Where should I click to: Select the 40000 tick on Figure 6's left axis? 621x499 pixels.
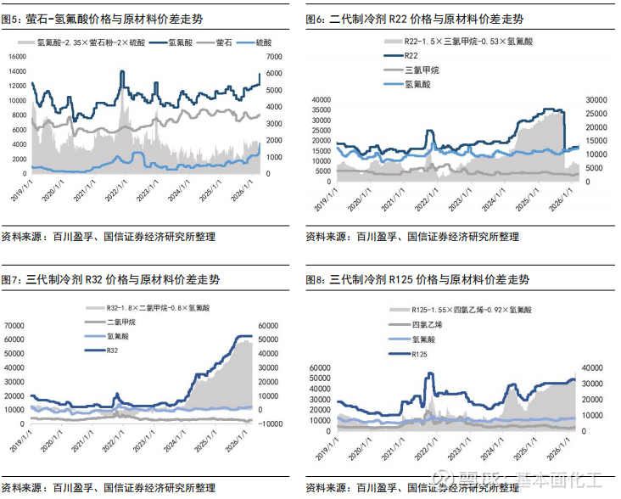pos(321,100)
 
